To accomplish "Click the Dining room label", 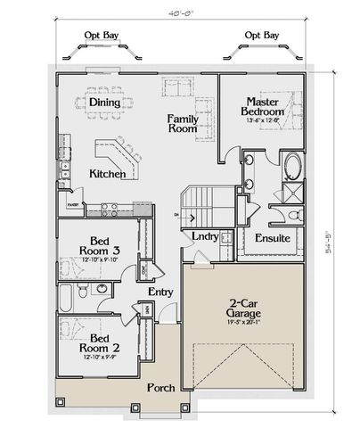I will click(106, 103).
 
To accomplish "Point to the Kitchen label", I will click(107, 174).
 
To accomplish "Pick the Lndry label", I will click(207, 236).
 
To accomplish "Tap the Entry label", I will click(162, 292).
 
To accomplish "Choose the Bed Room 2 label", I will click(99, 346).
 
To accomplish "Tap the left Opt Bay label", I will click(100, 36).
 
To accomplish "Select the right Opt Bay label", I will click(261, 36).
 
